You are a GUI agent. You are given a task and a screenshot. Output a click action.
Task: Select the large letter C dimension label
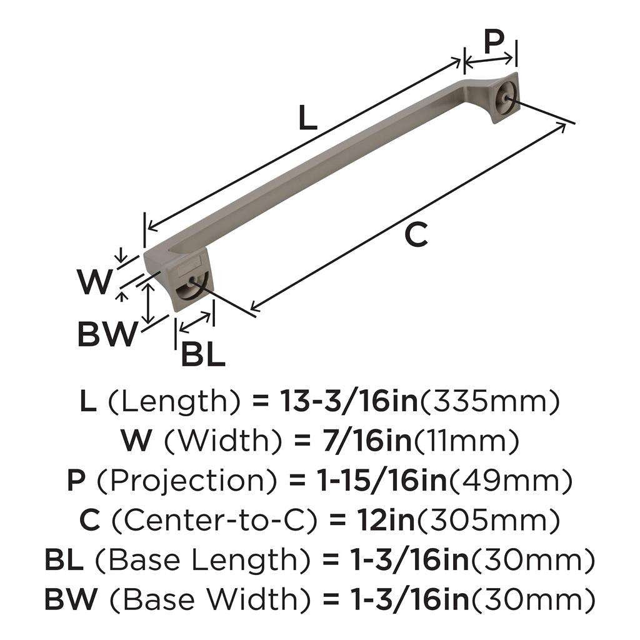[416, 235]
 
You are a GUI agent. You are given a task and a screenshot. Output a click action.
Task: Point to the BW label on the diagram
[106, 335]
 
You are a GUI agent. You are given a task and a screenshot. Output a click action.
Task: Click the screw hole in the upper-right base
[504, 98]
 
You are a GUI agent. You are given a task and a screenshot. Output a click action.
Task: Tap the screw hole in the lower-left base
[189, 289]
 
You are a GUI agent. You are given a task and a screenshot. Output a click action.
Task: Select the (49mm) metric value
[501, 481]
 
